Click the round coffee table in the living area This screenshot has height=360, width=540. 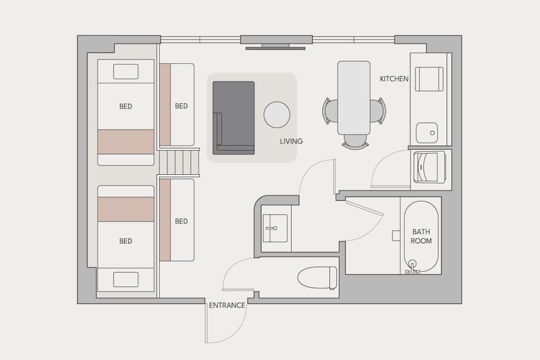[276, 114]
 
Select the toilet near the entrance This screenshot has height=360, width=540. [318, 277]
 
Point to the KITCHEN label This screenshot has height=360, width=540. [394, 79]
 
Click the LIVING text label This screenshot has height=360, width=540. [291, 141]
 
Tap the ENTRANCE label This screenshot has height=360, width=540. [227, 305]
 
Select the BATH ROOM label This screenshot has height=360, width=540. [421, 236]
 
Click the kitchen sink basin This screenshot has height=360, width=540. [427, 132]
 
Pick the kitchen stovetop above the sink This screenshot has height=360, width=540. [429, 79]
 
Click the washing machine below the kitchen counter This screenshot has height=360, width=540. [429, 167]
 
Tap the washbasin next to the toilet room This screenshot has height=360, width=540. [275, 228]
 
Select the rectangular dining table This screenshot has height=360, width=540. [354, 97]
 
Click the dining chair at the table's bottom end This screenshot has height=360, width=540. [355, 141]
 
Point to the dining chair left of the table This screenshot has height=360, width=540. [330, 111]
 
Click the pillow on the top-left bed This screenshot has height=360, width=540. [125, 71]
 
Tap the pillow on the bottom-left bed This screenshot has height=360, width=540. [125, 280]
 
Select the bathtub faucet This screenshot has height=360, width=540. [413, 267]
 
